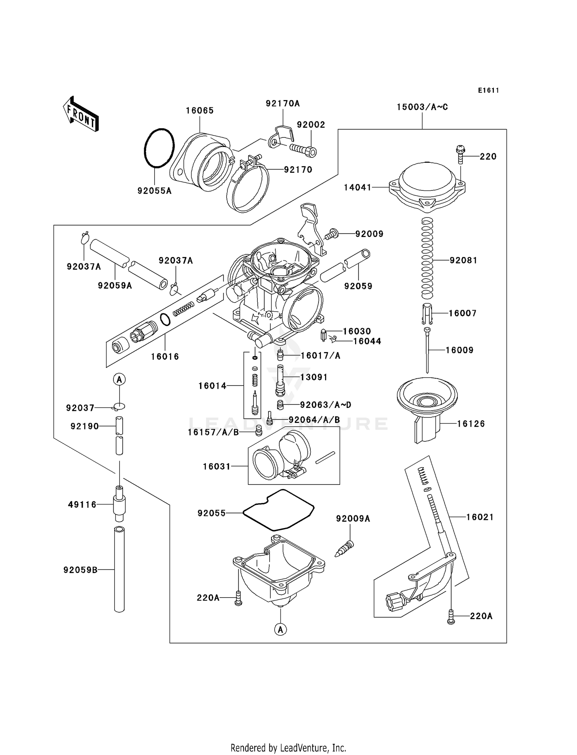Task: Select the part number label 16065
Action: pyautogui.click(x=200, y=110)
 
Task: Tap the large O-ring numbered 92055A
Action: pyautogui.click(x=159, y=148)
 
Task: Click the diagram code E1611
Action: pyautogui.click(x=489, y=90)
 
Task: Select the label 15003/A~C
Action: pyautogui.click(x=422, y=107)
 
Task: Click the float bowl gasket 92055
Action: pyautogui.click(x=278, y=509)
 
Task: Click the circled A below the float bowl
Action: pyautogui.click(x=280, y=630)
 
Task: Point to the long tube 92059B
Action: pyautogui.click(x=119, y=570)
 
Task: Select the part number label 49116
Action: pyautogui.click(x=82, y=504)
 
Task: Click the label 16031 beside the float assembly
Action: pyautogui.click(x=217, y=466)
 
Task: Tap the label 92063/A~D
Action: pyautogui.click(x=325, y=405)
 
